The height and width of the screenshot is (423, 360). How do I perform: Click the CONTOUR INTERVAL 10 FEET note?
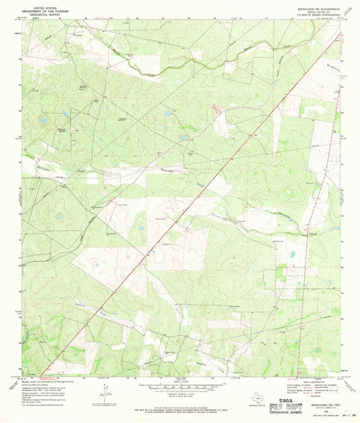pyautogui.click(x=180, y=392)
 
